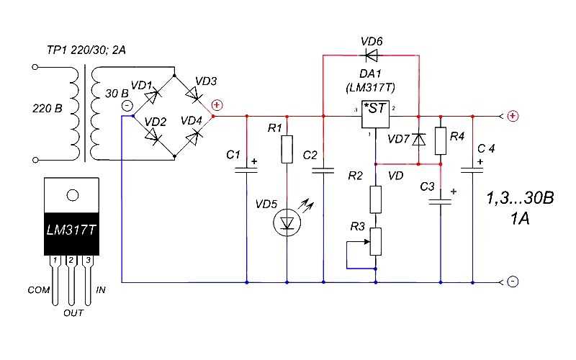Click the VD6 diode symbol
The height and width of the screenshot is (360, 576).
point(371,56)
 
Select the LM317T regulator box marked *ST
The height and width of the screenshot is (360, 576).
point(375,114)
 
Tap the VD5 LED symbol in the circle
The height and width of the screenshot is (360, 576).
point(287,222)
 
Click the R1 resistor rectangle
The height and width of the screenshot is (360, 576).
point(287,149)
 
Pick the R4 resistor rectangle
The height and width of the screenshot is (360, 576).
point(441,140)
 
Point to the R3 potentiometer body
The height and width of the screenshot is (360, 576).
point(375,241)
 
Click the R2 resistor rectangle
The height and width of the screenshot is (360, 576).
point(375,199)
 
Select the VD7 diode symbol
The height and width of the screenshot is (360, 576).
point(418,140)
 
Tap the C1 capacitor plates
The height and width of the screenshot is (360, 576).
point(246,170)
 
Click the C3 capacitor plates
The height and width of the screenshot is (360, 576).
point(441,202)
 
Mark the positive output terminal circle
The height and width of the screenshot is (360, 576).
point(513,116)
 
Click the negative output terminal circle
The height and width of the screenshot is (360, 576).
point(513,282)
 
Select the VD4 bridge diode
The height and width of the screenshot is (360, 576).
point(193,138)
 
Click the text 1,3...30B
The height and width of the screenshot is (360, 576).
point(520,198)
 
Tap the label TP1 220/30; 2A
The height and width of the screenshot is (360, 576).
point(86,50)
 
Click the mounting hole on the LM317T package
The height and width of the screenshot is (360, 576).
point(73,195)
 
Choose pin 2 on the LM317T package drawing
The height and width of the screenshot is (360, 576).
point(71,260)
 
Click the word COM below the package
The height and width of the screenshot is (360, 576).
point(39,290)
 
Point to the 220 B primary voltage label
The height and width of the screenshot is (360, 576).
point(48,109)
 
